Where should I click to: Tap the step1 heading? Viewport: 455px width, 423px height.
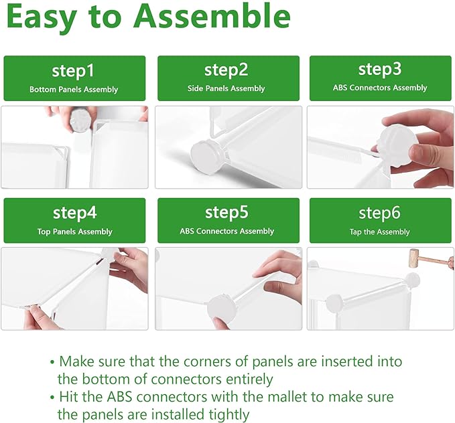point(73,71)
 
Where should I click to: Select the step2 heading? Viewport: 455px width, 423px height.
point(226,70)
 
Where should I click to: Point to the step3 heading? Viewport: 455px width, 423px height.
point(380,70)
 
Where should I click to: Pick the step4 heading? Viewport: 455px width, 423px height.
point(74,214)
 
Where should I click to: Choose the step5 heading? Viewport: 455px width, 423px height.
point(226,213)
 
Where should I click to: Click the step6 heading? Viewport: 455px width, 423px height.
point(379,213)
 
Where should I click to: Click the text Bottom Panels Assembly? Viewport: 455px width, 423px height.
point(74,89)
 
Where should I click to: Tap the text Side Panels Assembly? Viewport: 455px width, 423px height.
point(226,88)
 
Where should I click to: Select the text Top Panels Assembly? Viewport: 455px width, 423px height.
point(74,232)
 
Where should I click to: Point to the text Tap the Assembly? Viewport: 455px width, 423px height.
point(379,232)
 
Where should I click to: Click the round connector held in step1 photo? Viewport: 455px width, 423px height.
point(80,120)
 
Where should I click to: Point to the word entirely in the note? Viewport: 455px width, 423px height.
point(249,379)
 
